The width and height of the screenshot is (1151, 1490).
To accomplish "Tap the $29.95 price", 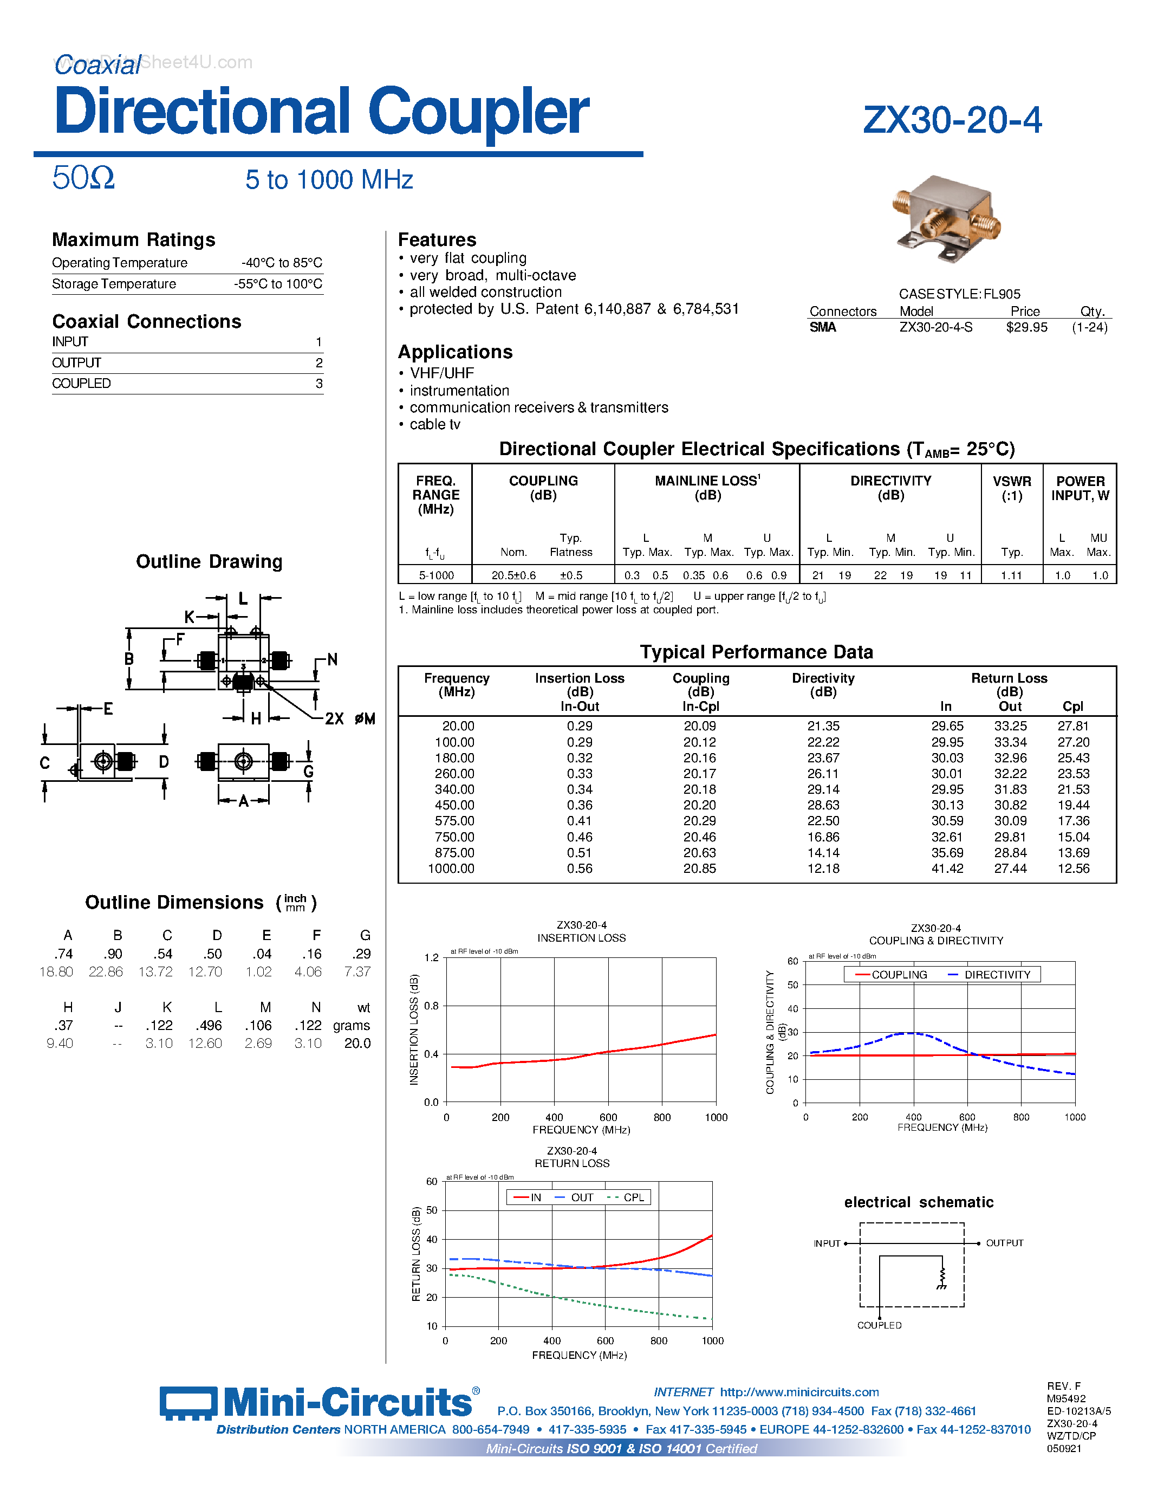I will point(1026,327).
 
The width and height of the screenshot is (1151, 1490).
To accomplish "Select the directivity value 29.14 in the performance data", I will point(823,789).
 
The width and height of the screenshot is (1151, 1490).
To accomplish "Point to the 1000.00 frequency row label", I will point(451,869).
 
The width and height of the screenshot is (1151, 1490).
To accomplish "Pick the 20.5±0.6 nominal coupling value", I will point(513,575).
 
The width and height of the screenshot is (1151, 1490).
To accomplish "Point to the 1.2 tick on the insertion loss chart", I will point(432,958).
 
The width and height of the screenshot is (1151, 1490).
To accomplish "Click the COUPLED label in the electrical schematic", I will point(879,1325).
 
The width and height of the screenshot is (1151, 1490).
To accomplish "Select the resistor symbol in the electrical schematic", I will point(942,1277).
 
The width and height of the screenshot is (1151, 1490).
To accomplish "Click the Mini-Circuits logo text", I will point(347,1403).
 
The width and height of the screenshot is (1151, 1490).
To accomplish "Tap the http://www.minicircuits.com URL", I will point(799,1392).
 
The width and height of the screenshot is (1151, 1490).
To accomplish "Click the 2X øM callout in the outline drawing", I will point(350,718).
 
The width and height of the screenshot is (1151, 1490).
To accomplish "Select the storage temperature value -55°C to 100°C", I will point(278,284).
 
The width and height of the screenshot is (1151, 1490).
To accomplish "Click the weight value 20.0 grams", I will point(357,1043).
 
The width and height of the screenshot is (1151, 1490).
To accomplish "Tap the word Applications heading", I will point(455,352).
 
